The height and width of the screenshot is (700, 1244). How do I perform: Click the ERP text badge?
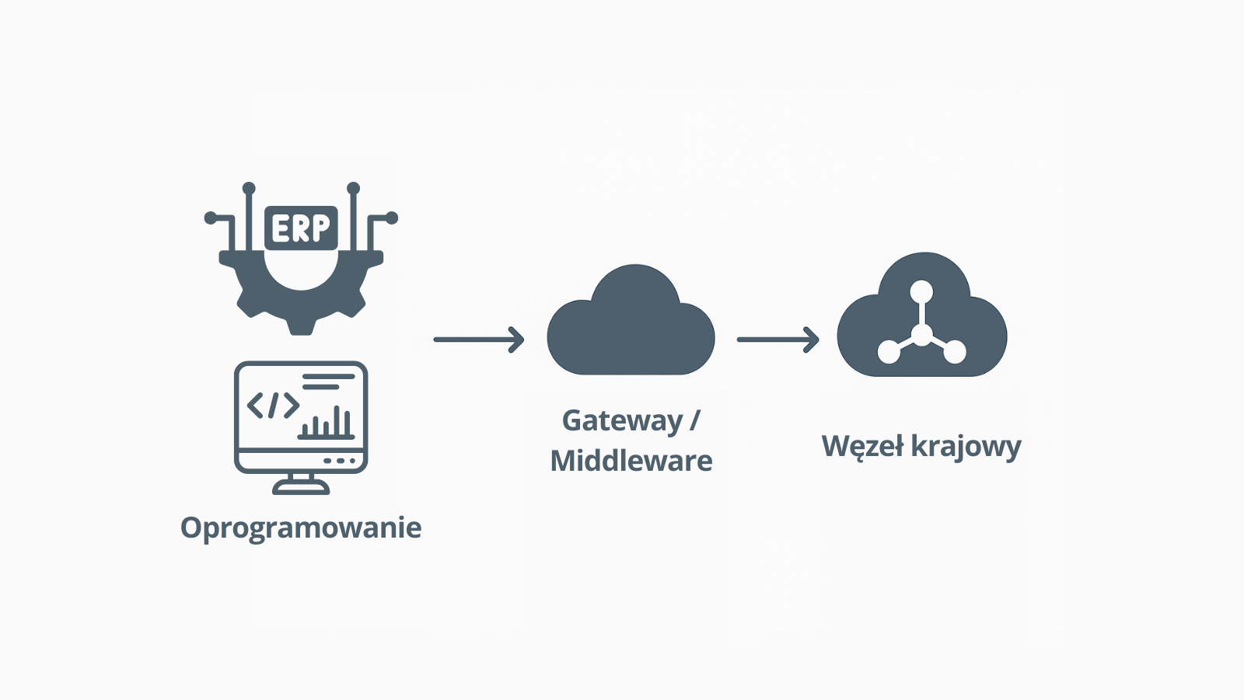click(301, 228)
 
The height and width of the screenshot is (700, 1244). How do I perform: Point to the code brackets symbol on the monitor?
click(273, 405)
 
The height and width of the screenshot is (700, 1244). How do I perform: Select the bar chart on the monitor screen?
click(327, 423)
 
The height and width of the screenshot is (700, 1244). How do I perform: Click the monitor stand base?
click(301, 488)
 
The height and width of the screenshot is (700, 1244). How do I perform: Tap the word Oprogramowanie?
click(301, 528)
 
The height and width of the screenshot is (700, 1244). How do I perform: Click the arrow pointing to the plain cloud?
click(479, 340)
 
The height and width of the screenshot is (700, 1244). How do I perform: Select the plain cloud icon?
click(631, 326)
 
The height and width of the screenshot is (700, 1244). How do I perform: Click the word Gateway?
click(622, 420)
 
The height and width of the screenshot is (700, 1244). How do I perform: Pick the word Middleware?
click(631, 461)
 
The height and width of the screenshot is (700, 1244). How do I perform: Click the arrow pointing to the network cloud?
click(777, 340)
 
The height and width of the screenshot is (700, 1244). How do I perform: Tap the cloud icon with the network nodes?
click(921, 319)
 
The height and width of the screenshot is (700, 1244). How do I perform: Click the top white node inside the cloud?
click(921, 292)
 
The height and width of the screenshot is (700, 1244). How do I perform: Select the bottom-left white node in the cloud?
click(889, 352)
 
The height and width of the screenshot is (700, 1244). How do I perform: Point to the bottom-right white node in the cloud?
click(955, 352)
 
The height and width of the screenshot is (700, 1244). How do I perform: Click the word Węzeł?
click(862, 447)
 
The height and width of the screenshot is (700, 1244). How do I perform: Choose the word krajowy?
click(966, 447)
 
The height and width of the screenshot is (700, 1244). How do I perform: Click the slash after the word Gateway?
click(694, 420)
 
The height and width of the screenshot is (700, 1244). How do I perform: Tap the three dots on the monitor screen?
click(339, 461)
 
